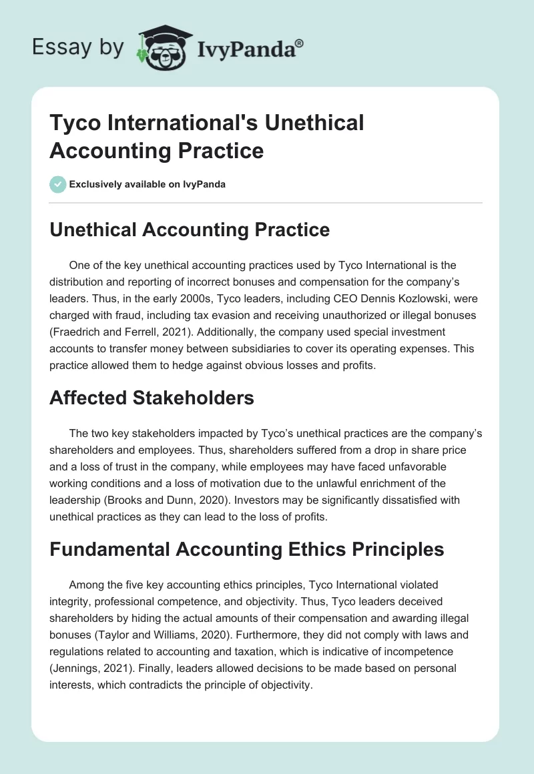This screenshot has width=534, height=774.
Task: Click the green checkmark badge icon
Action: [x=58, y=184]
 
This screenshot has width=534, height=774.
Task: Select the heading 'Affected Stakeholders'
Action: [x=152, y=398]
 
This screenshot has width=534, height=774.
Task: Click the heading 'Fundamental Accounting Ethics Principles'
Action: [x=247, y=549]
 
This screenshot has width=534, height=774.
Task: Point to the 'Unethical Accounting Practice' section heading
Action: [x=190, y=230]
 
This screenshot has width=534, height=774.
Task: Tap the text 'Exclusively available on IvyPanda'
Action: [x=148, y=184]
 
